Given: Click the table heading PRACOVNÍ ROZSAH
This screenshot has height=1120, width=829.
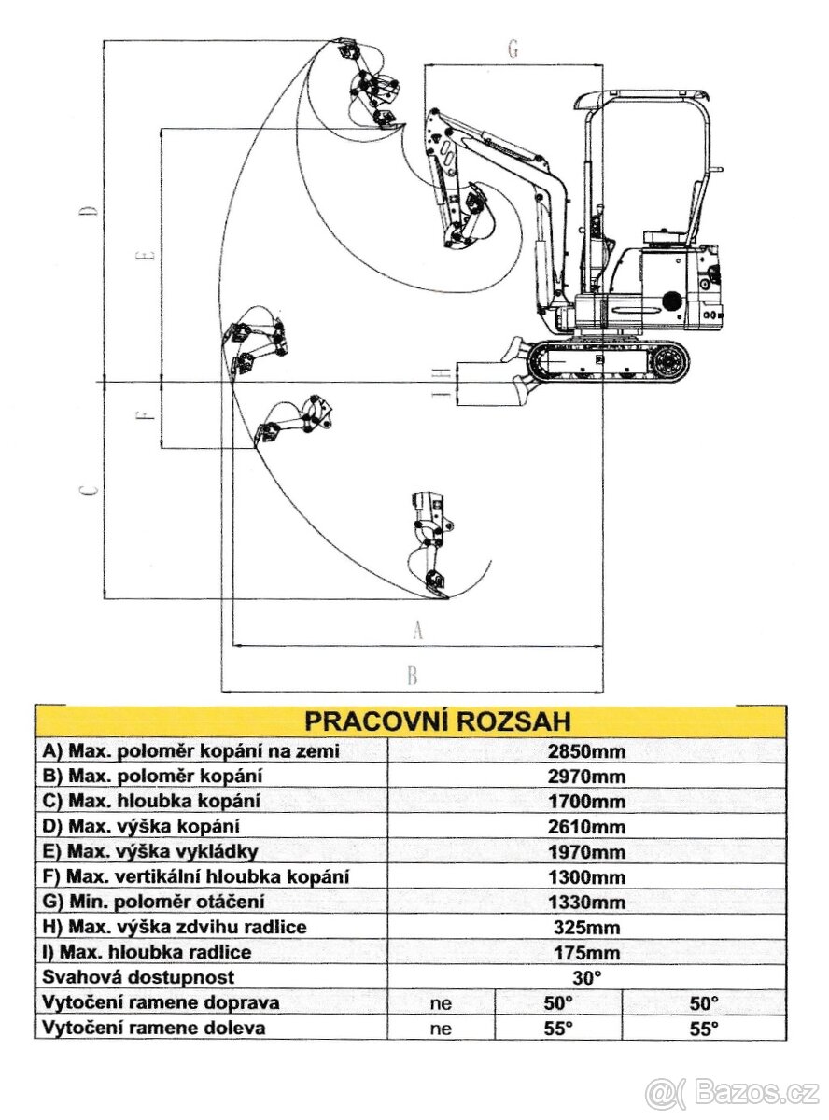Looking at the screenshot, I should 438,721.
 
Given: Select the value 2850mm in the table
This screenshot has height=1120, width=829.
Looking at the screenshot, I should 587,751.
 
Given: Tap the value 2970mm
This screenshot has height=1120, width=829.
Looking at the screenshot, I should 587,777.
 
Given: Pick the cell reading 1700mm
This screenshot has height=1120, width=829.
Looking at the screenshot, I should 587,802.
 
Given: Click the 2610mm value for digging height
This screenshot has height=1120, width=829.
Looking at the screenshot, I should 587,827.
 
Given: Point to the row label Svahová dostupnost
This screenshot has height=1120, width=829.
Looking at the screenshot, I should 138,978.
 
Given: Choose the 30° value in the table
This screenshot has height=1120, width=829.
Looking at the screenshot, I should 587,978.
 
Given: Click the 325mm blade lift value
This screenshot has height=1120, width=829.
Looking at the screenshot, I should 587,928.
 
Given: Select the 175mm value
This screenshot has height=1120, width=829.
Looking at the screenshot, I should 587,953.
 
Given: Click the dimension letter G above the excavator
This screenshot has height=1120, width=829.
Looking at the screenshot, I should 513,50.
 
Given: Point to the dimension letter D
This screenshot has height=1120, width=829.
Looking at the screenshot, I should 90,210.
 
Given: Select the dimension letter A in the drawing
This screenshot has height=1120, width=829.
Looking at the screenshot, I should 417,631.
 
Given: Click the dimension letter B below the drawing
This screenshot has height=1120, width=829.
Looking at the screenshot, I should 412,676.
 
